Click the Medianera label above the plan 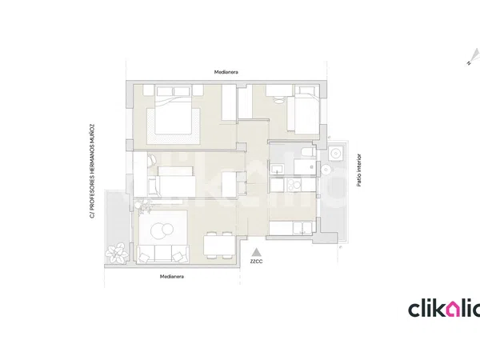[x=226, y=72]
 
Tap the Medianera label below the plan [x=172, y=277]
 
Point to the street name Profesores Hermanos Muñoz [x=92, y=171]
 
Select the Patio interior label [x=359, y=170]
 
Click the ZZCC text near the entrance [x=256, y=262]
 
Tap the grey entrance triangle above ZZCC [x=256, y=252]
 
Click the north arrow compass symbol [x=474, y=57]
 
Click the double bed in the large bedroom [x=174, y=110]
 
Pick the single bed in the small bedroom [x=303, y=110]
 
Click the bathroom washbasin [x=278, y=170]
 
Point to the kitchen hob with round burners [x=294, y=185]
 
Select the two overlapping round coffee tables [x=162, y=230]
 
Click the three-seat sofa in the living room [x=162, y=254]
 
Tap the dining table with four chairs [x=219, y=245]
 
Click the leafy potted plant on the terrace [x=117, y=253]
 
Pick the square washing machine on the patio [x=336, y=153]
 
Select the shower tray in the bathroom [x=305, y=167]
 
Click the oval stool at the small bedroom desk [x=278, y=100]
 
